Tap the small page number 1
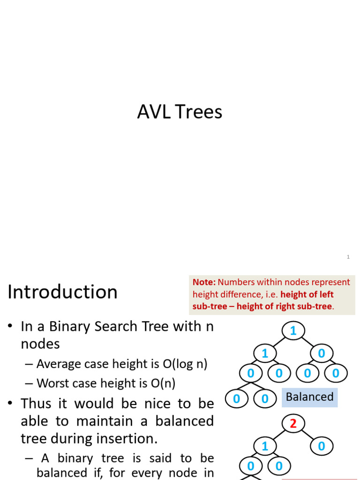click(348, 257)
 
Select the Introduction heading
click(62, 292)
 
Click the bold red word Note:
click(204, 282)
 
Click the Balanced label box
click(309, 397)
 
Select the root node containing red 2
click(293, 424)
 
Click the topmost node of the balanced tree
click(293, 331)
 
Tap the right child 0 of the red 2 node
click(321, 446)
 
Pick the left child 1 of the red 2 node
click(265, 446)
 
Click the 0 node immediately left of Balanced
click(265, 399)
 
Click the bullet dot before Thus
click(10, 404)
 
